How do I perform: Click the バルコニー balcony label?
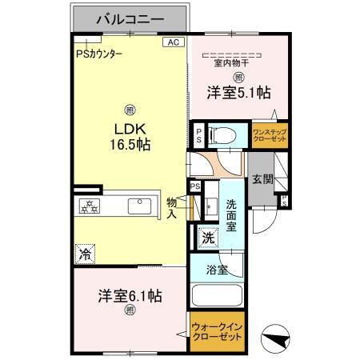[131, 18]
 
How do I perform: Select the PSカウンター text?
[100, 54]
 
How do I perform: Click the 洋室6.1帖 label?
[130, 295]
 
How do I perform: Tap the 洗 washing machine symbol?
[207, 238]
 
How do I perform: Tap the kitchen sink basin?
[140, 206]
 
